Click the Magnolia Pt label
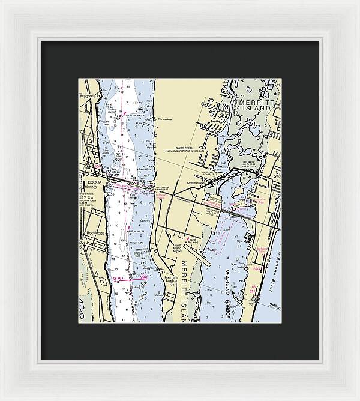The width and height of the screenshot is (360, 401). [x=88, y=95]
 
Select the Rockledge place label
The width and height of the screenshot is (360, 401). [x=96, y=232]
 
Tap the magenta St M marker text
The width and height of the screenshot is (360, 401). [x=118, y=279]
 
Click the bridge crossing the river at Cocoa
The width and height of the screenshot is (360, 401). [x=129, y=184]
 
